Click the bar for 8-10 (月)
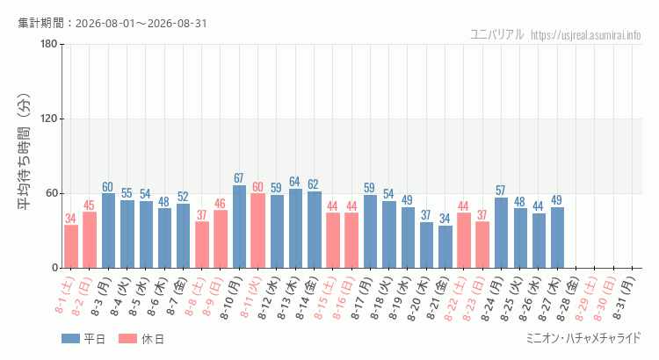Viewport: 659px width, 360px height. click(239, 227)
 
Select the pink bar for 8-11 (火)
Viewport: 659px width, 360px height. click(257, 231)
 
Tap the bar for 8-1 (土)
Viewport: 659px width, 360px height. click(71, 247)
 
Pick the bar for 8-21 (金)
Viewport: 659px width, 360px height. click(445, 247)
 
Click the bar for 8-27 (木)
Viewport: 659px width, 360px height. click(557, 238)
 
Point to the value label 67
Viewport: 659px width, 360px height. click(239, 178)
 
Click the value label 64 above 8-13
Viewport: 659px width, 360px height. click(294, 182)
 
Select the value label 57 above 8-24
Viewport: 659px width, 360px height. click(500, 191)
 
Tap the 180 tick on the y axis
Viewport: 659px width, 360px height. click(49, 44)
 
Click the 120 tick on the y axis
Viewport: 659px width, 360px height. click(49, 119)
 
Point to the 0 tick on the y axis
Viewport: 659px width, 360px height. click(54, 268)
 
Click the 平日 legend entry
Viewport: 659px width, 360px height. click(83, 339)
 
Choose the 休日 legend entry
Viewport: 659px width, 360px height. click(141, 339)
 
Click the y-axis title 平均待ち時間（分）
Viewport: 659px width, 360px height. click(24, 152)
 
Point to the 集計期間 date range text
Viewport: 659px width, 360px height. click(112, 23)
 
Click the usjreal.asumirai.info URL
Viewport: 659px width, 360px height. click(586, 35)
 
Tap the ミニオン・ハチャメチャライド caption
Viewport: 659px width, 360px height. click(583, 338)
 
